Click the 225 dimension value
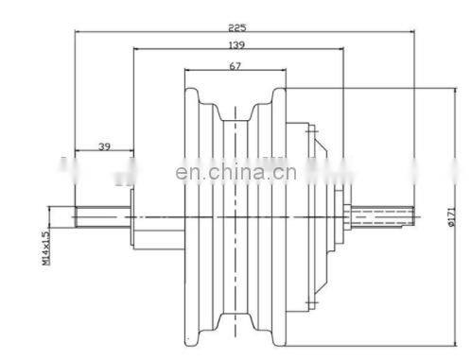click(237, 27)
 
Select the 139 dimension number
click(236, 45)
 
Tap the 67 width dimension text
click(235, 66)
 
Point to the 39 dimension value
click(104, 146)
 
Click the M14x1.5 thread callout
click(46, 249)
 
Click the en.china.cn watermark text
click(235, 172)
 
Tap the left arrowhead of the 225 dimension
click(78, 31)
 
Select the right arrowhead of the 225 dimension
click(411, 31)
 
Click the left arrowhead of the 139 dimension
click(137, 48)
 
